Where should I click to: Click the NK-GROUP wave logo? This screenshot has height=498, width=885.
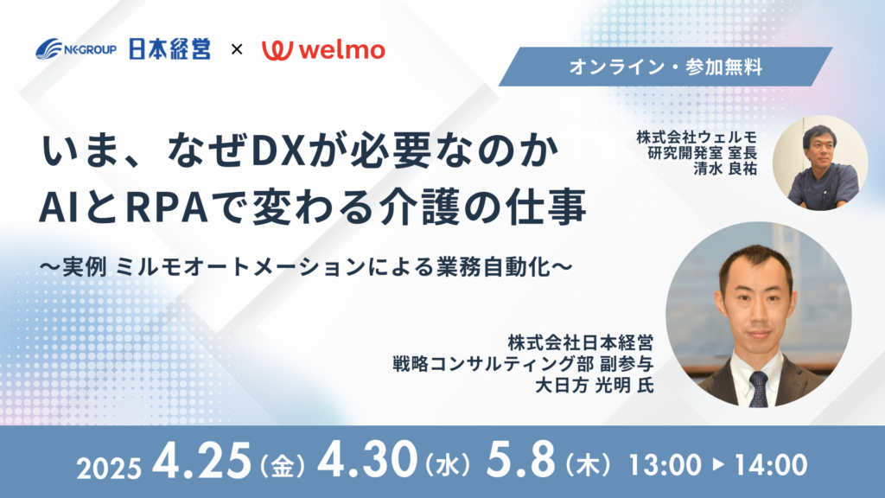76,49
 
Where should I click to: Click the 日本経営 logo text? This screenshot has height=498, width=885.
170,49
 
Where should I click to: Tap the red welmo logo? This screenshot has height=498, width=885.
323,49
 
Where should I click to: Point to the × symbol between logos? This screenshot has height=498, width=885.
237,49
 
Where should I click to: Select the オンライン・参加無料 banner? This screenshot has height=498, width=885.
665,67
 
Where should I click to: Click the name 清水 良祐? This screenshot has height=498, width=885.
725,169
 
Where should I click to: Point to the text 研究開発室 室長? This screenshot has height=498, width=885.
702,152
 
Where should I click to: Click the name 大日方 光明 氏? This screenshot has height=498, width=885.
595,386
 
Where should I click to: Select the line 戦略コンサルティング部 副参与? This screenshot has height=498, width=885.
523,364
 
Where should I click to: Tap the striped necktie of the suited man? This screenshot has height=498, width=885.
758,389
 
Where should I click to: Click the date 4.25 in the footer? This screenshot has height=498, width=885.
202,460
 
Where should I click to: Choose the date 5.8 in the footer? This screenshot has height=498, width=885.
520,460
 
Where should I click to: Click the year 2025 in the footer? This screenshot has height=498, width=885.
109,469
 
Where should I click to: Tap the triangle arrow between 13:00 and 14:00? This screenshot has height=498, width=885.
718,464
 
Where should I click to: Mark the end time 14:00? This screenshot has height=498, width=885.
770,465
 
